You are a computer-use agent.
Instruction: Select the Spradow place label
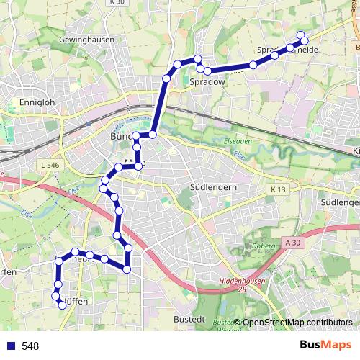207,82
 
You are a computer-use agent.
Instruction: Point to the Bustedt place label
190,318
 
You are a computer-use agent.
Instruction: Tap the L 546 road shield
50,166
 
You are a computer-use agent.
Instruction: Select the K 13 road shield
279,189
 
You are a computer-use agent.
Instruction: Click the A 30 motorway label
292,243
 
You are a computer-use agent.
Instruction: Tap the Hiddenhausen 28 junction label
237,284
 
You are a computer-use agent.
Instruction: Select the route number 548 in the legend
30,346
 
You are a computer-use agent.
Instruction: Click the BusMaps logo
325,345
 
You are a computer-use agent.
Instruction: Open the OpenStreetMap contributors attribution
296,323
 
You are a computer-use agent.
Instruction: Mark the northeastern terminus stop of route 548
302,36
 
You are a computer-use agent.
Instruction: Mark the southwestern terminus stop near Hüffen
62,305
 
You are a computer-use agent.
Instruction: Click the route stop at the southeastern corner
127,269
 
